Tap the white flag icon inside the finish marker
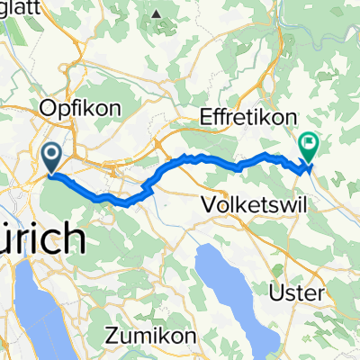coord(310,140)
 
